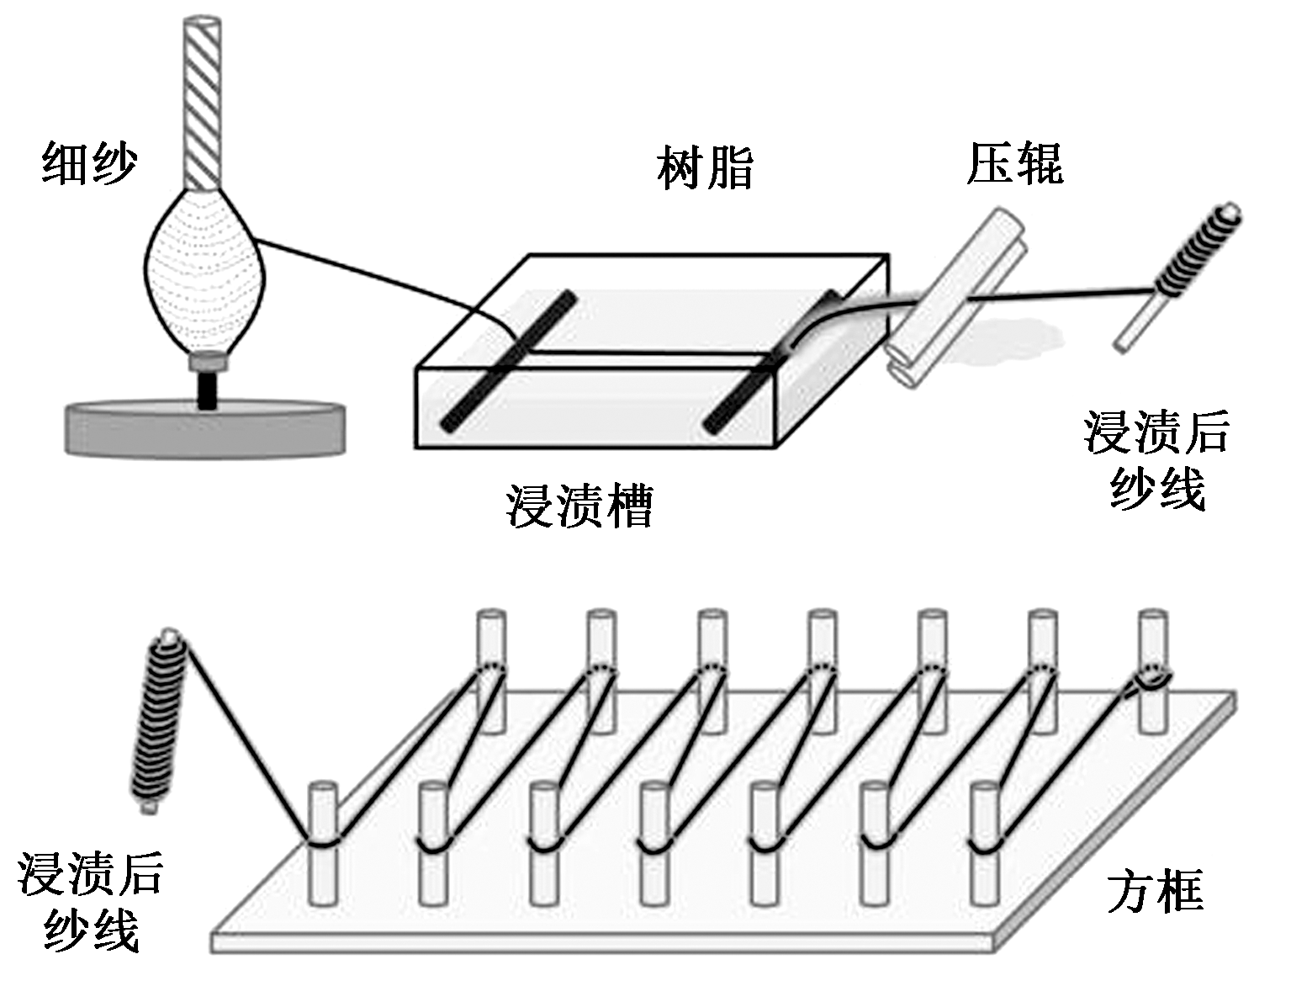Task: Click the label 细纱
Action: (89, 163)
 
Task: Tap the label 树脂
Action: (705, 168)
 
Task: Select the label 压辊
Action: (1014, 163)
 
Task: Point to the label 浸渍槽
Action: (579, 505)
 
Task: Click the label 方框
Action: (1154, 892)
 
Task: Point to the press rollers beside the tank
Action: (955, 299)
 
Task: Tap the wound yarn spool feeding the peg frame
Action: (160, 724)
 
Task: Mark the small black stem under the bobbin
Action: (207, 390)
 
